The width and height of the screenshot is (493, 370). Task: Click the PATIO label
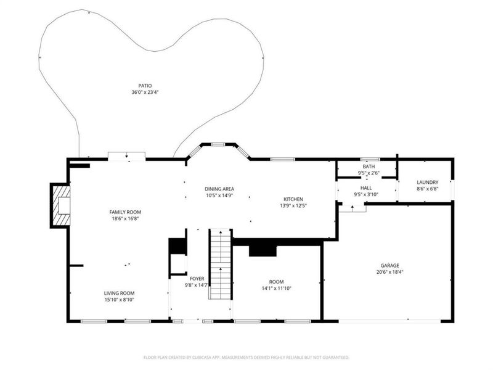click(145, 86)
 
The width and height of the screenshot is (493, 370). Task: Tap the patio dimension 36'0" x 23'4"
click(145, 92)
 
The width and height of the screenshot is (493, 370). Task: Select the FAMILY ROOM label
click(126, 212)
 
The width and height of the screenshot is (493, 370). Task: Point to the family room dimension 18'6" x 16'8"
click(126, 218)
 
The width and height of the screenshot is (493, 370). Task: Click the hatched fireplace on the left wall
click(61, 205)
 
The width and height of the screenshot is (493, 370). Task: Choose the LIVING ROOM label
click(119, 293)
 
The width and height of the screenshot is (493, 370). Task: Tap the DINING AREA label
click(219, 189)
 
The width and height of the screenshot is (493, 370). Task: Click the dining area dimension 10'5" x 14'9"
click(219, 195)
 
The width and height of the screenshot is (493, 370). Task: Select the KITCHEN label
click(293, 199)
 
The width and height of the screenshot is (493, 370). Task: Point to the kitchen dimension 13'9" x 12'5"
click(293, 205)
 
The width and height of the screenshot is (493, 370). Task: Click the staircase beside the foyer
click(219, 264)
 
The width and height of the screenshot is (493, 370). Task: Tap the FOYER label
click(197, 279)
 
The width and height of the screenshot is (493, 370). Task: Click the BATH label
click(369, 166)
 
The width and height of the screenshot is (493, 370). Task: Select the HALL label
click(366, 188)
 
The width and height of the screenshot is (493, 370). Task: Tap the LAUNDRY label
click(427, 182)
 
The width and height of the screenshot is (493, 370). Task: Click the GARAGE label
click(389, 265)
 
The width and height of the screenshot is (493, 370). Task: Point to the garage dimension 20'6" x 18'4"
click(389, 271)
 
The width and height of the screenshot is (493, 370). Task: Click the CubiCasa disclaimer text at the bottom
click(246, 357)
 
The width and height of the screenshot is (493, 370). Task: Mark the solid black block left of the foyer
click(177, 245)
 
